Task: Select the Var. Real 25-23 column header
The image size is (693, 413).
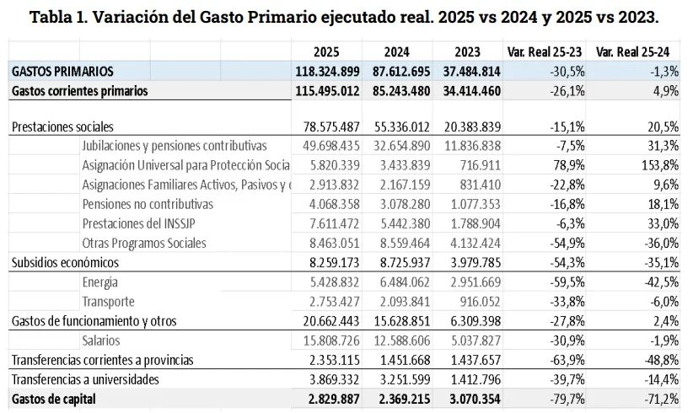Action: (x=545, y=51)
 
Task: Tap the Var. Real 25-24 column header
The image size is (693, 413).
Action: (x=637, y=51)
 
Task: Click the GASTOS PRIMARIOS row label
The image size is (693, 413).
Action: (x=62, y=72)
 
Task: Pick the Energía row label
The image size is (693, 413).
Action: (x=100, y=282)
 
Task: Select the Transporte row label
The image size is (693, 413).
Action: (x=108, y=301)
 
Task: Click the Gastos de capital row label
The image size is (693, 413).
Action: (x=54, y=399)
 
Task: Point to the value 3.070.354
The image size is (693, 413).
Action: (x=471, y=399)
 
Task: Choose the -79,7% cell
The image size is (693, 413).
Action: (x=566, y=399)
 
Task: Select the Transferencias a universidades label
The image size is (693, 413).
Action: (x=85, y=379)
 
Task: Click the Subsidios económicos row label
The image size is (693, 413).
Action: (x=66, y=262)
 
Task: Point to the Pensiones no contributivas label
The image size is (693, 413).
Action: (x=148, y=204)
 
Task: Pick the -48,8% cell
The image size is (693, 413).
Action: (x=658, y=360)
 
